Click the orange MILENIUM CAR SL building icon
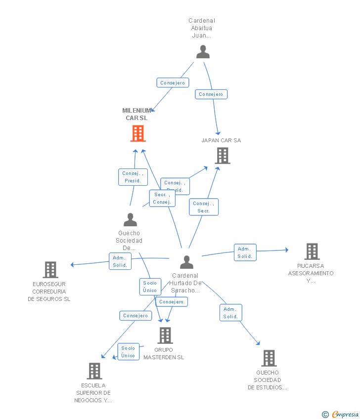point(138,133)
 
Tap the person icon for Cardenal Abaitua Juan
point(203,52)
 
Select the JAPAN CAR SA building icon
point(223,156)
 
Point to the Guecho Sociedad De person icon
point(130,219)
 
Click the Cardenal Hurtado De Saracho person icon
point(186,262)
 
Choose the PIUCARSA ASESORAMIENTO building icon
point(312,252)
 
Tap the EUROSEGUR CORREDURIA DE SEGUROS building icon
point(50,270)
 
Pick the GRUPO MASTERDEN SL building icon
point(165,336)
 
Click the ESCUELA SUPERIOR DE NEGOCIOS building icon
point(94,371)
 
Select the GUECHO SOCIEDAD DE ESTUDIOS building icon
point(269,358)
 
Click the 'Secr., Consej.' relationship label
point(162,198)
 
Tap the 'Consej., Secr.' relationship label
point(203,207)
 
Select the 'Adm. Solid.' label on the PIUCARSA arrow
point(245,252)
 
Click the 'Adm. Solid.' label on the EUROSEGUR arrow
point(120,261)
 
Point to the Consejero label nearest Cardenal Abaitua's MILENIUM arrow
point(173,83)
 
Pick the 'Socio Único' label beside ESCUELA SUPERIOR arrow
point(128,352)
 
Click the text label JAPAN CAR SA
point(221,140)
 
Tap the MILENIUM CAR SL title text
point(136,114)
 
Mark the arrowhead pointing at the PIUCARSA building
point(286,250)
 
